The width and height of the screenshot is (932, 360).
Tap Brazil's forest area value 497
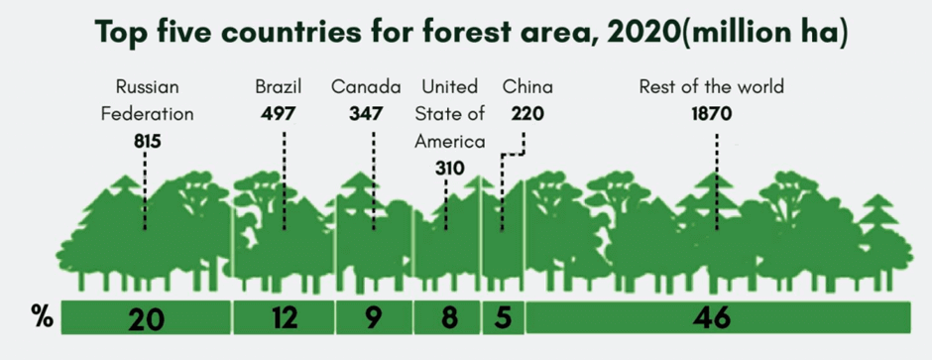click(279, 113)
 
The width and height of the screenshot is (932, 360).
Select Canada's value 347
click(366, 113)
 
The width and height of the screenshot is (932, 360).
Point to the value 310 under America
click(449, 169)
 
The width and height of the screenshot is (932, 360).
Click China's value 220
click(527, 113)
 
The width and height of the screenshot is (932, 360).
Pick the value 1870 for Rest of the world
click(712, 113)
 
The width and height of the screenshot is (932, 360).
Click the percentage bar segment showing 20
click(146, 317)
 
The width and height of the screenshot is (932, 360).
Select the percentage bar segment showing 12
click(284, 317)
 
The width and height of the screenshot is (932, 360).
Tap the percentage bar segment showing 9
click(374, 317)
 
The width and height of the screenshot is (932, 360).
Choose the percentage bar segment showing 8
click(447, 317)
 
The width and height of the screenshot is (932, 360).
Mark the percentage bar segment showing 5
click(503, 317)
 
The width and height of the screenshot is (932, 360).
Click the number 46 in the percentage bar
click(712, 318)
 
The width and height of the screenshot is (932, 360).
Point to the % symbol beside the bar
click(42, 317)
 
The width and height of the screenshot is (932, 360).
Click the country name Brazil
click(279, 87)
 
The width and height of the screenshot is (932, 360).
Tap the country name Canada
click(366, 87)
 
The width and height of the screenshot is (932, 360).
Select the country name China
click(527, 87)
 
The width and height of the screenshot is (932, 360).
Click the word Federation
click(148, 113)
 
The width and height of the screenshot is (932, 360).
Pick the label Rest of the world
click(712, 87)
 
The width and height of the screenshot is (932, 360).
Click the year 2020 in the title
click(634, 32)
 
